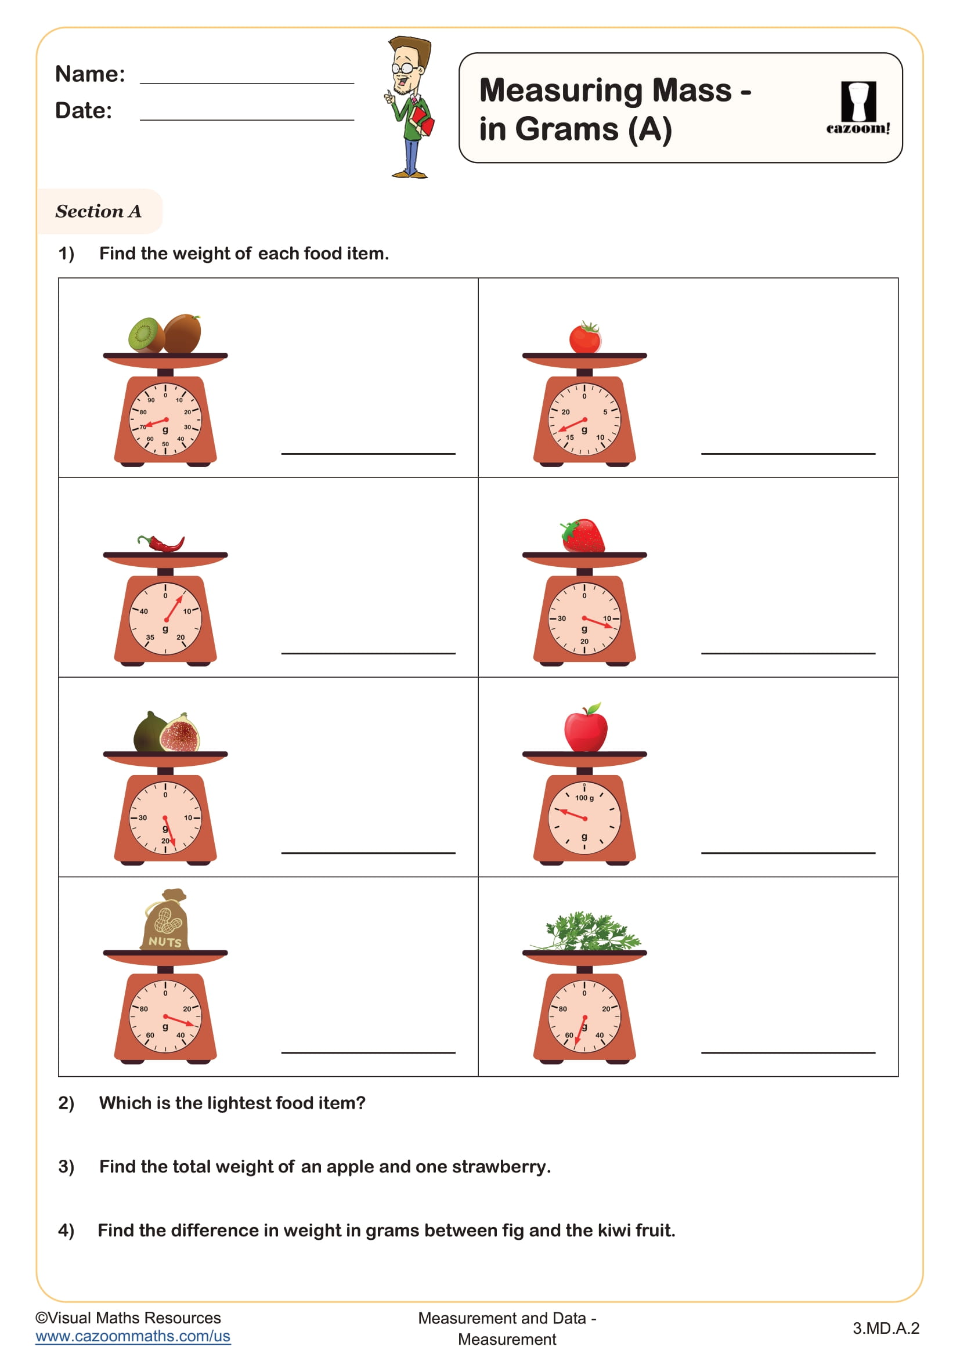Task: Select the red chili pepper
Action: click(161, 542)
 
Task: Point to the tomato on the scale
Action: click(584, 339)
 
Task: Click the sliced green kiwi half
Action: click(146, 335)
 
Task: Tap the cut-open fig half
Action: click(181, 735)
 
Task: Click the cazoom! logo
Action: click(858, 107)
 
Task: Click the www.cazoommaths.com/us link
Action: click(133, 1336)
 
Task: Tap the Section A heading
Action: click(99, 211)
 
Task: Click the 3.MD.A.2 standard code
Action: click(886, 1328)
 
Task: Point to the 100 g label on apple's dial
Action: click(584, 798)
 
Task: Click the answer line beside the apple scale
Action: click(788, 852)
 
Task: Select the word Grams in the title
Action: click(566, 129)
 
